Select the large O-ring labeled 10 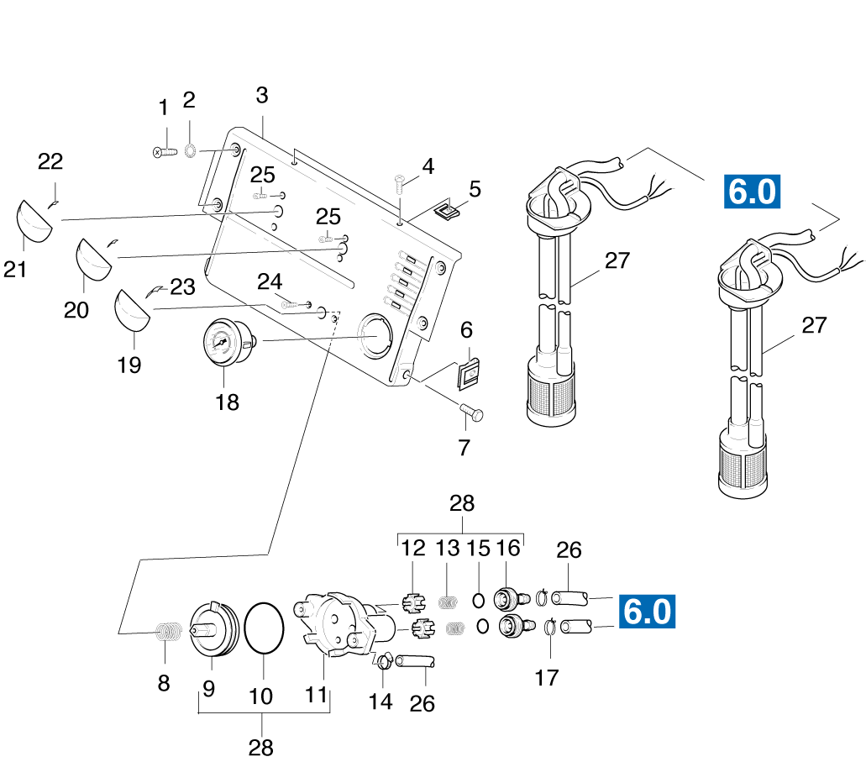click(x=265, y=628)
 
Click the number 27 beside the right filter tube click(x=814, y=326)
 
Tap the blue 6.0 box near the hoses click(x=647, y=612)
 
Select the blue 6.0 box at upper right click(x=752, y=192)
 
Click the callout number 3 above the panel click(x=262, y=95)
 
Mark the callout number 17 click(x=547, y=677)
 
